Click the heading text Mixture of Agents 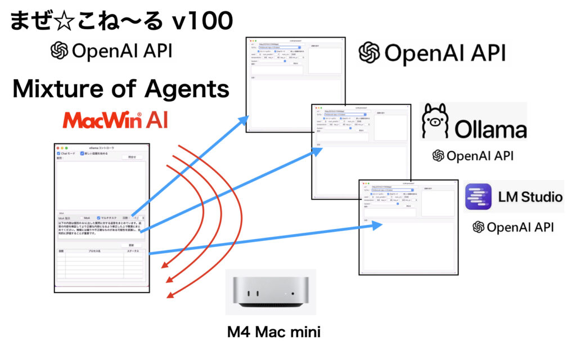coord(120,89)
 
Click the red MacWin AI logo coord(115,120)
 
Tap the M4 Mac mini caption coord(273,332)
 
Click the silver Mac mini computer coord(270,292)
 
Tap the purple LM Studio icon coord(478,197)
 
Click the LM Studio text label coord(530,197)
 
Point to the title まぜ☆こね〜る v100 coord(121,22)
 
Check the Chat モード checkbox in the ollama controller coord(59,153)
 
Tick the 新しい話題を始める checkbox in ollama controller coord(82,153)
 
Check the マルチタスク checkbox coord(99,217)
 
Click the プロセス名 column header coord(93,251)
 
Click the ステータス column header coord(133,251)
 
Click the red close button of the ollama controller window coord(57,147)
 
